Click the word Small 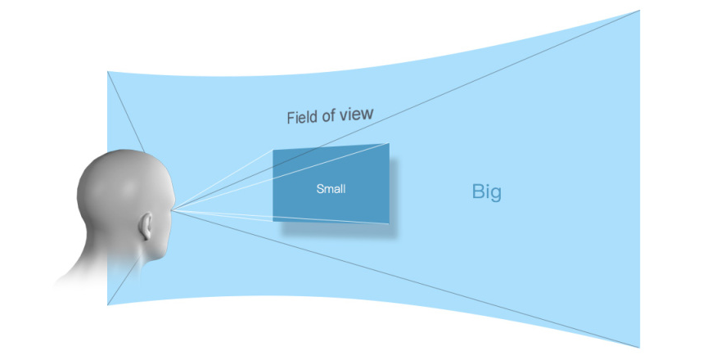tap(331, 188)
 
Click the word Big tap(486, 191)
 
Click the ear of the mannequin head tap(146, 226)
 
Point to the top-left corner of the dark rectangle tap(273, 150)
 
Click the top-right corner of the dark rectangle tap(390, 143)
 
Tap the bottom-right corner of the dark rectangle tap(390, 223)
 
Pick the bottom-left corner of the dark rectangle tap(273, 221)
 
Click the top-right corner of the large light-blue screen tap(639, 11)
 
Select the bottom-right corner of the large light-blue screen tap(639, 348)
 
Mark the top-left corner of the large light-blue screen tap(107, 71)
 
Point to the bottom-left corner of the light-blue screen tap(107, 305)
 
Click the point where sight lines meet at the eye tap(173, 209)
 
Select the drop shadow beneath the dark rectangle tap(338, 229)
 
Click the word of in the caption tap(328, 115)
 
